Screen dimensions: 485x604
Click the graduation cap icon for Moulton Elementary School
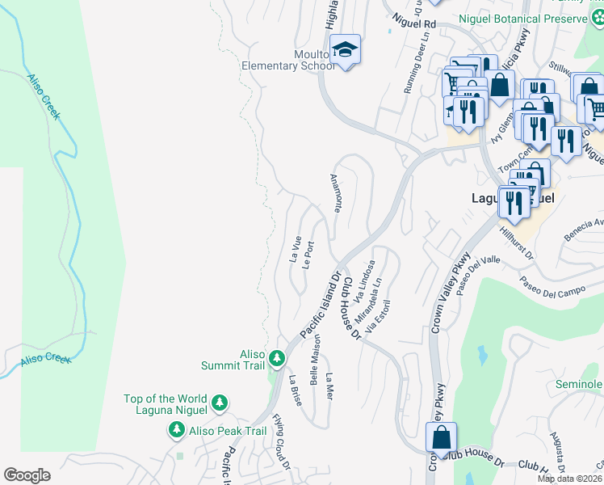[345, 53]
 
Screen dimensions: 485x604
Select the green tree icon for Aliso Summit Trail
[277, 358]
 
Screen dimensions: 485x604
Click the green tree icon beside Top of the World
[218, 403]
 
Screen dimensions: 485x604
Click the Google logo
[27, 475]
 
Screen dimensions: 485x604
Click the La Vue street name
[295, 248]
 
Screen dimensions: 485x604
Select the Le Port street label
[308, 255]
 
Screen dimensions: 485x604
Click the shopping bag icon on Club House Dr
[441, 437]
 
